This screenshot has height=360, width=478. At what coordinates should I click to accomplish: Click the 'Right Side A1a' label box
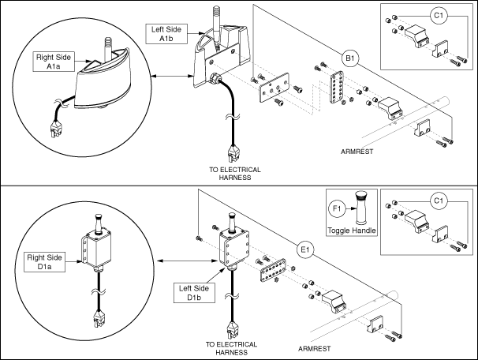coord(52,62)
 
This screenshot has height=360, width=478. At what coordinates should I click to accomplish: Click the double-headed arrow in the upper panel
coord(173,76)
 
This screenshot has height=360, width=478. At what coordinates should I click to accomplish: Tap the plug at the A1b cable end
coord(233,151)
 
